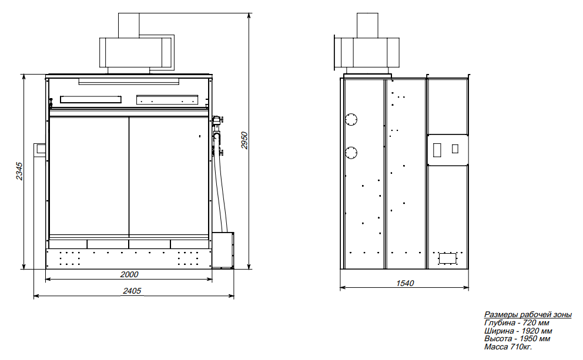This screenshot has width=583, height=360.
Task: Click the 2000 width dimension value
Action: (x=129, y=274)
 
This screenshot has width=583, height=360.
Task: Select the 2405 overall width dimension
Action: (x=132, y=291)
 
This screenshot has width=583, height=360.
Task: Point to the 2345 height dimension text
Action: (x=19, y=171)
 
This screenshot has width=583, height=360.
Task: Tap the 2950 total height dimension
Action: (x=244, y=140)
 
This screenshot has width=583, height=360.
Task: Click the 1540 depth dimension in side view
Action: (x=405, y=283)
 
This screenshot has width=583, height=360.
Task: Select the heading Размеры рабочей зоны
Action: (x=528, y=315)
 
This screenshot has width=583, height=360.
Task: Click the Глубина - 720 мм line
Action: (x=517, y=323)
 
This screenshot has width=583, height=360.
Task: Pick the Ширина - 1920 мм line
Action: (x=518, y=331)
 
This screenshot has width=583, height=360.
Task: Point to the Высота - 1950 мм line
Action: (x=517, y=338)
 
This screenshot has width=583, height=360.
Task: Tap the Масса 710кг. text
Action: (x=508, y=346)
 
